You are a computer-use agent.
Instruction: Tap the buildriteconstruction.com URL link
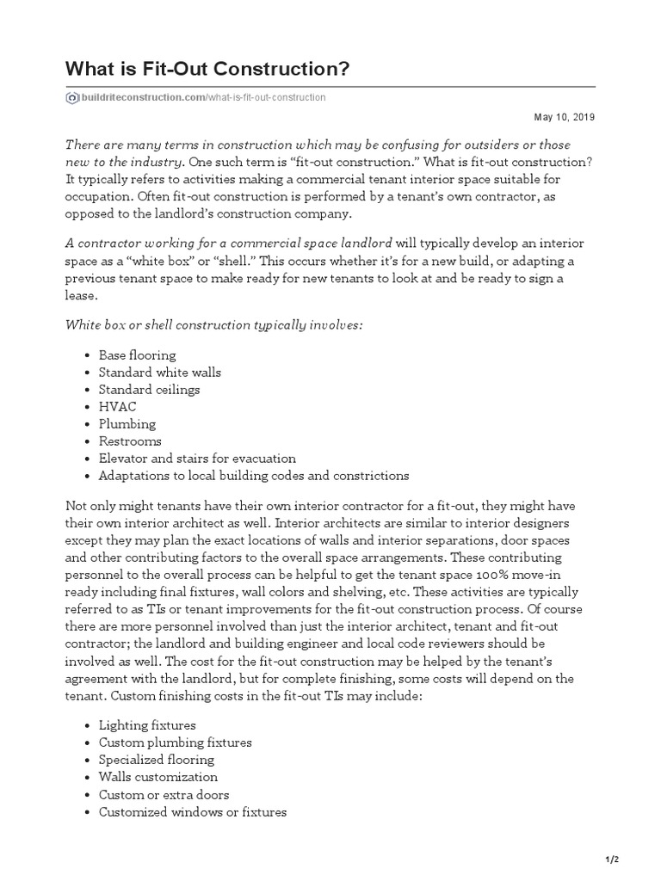tap(202, 97)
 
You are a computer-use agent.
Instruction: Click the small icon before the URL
tap(71, 97)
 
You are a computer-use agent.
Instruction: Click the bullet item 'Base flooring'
tap(137, 354)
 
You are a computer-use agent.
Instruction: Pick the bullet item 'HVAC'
tap(117, 406)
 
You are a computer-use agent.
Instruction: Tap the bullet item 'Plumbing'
tap(127, 423)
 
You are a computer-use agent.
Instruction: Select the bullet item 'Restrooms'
tap(130, 440)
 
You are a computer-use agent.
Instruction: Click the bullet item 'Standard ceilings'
tap(149, 389)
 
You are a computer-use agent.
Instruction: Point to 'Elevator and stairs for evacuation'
tap(197, 458)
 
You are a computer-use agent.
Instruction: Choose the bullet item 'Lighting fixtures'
tap(147, 725)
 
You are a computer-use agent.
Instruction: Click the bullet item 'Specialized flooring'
tap(157, 760)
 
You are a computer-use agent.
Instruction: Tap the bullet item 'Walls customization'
tap(158, 777)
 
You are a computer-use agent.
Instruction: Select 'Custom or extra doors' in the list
tap(164, 794)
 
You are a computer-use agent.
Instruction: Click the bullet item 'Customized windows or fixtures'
tap(192, 811)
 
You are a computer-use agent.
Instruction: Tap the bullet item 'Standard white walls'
tap(159, 372)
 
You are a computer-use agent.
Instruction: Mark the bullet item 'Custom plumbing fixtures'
tap(175, 742)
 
